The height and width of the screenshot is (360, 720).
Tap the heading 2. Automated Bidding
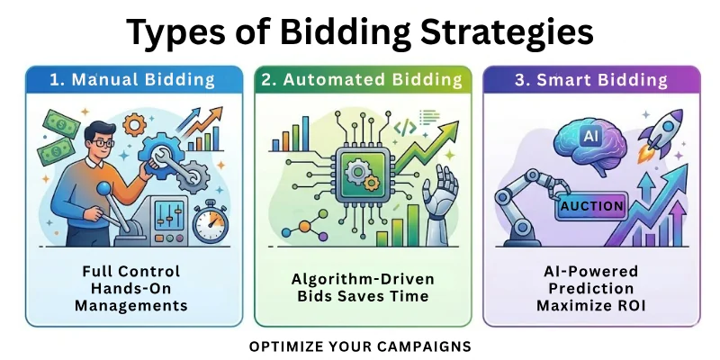(360, 79)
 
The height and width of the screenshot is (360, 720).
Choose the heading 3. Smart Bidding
(591, 79)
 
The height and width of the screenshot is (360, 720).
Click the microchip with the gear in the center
(361, 175)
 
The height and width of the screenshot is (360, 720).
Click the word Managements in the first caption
(131, 305)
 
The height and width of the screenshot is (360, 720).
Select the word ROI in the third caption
(629, 305)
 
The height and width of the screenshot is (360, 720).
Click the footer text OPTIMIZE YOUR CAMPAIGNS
(360, 346)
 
